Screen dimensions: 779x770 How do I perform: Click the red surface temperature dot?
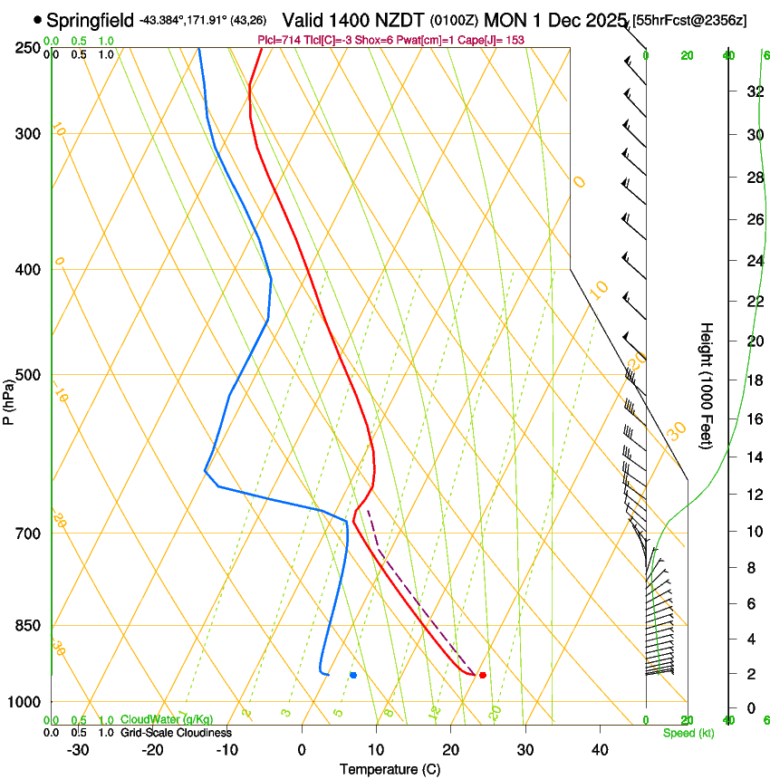pos(483,675)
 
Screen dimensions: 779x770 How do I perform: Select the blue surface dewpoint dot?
pos(353,675)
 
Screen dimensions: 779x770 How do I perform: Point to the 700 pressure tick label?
pos(28,534)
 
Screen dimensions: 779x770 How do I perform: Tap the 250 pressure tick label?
pos(28,48)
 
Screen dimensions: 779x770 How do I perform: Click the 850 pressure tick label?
pos(28,626)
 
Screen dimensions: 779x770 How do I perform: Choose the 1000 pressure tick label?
pos(24,702)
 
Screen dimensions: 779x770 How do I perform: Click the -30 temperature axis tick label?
pos(78,750)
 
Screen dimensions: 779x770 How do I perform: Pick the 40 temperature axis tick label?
pos(599,750)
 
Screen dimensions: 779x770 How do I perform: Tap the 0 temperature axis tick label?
pos(302,750)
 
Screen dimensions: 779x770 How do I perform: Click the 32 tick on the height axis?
pos(754,91)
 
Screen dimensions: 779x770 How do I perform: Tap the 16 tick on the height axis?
pos(754,419)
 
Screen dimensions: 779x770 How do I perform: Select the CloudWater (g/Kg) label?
pos(167,720)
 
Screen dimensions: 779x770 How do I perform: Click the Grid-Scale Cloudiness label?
pos(176,732)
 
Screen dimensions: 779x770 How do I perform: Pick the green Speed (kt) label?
pos(688,733)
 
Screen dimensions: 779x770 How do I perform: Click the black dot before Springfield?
pos(37,19)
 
